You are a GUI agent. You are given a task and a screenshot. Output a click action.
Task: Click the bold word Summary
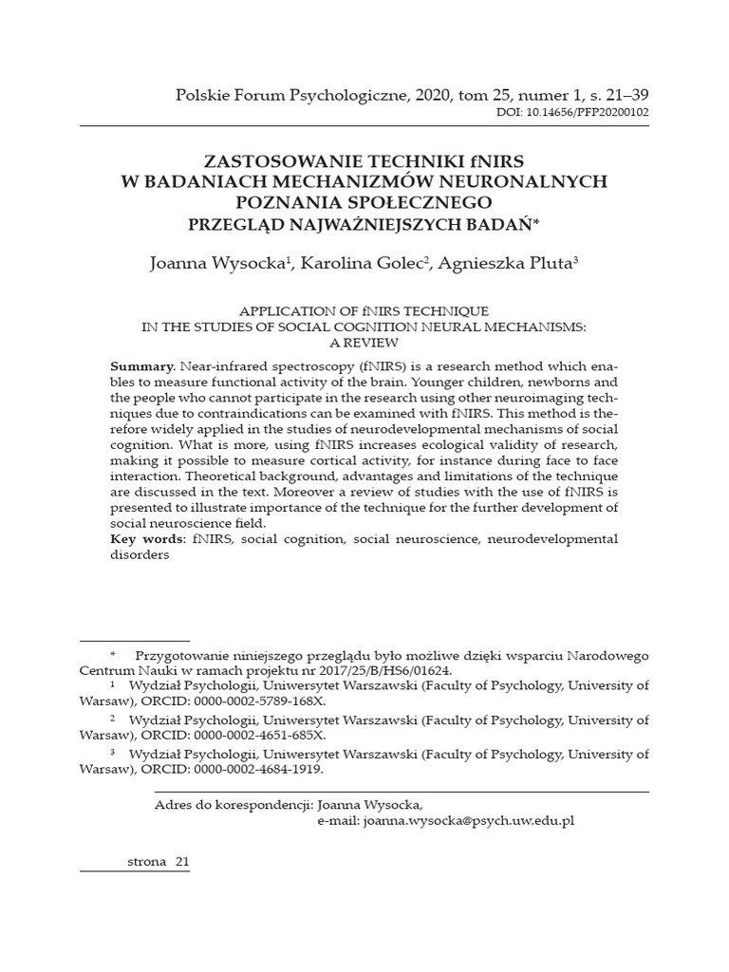coord(140,365)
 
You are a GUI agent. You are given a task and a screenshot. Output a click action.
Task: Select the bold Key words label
coord(149,539)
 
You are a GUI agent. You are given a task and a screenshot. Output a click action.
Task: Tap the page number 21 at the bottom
coord(182,860)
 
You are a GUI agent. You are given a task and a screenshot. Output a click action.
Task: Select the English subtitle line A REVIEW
coord(364,342)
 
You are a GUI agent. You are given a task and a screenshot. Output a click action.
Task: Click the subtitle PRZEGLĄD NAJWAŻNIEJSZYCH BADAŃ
coord(364,223)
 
